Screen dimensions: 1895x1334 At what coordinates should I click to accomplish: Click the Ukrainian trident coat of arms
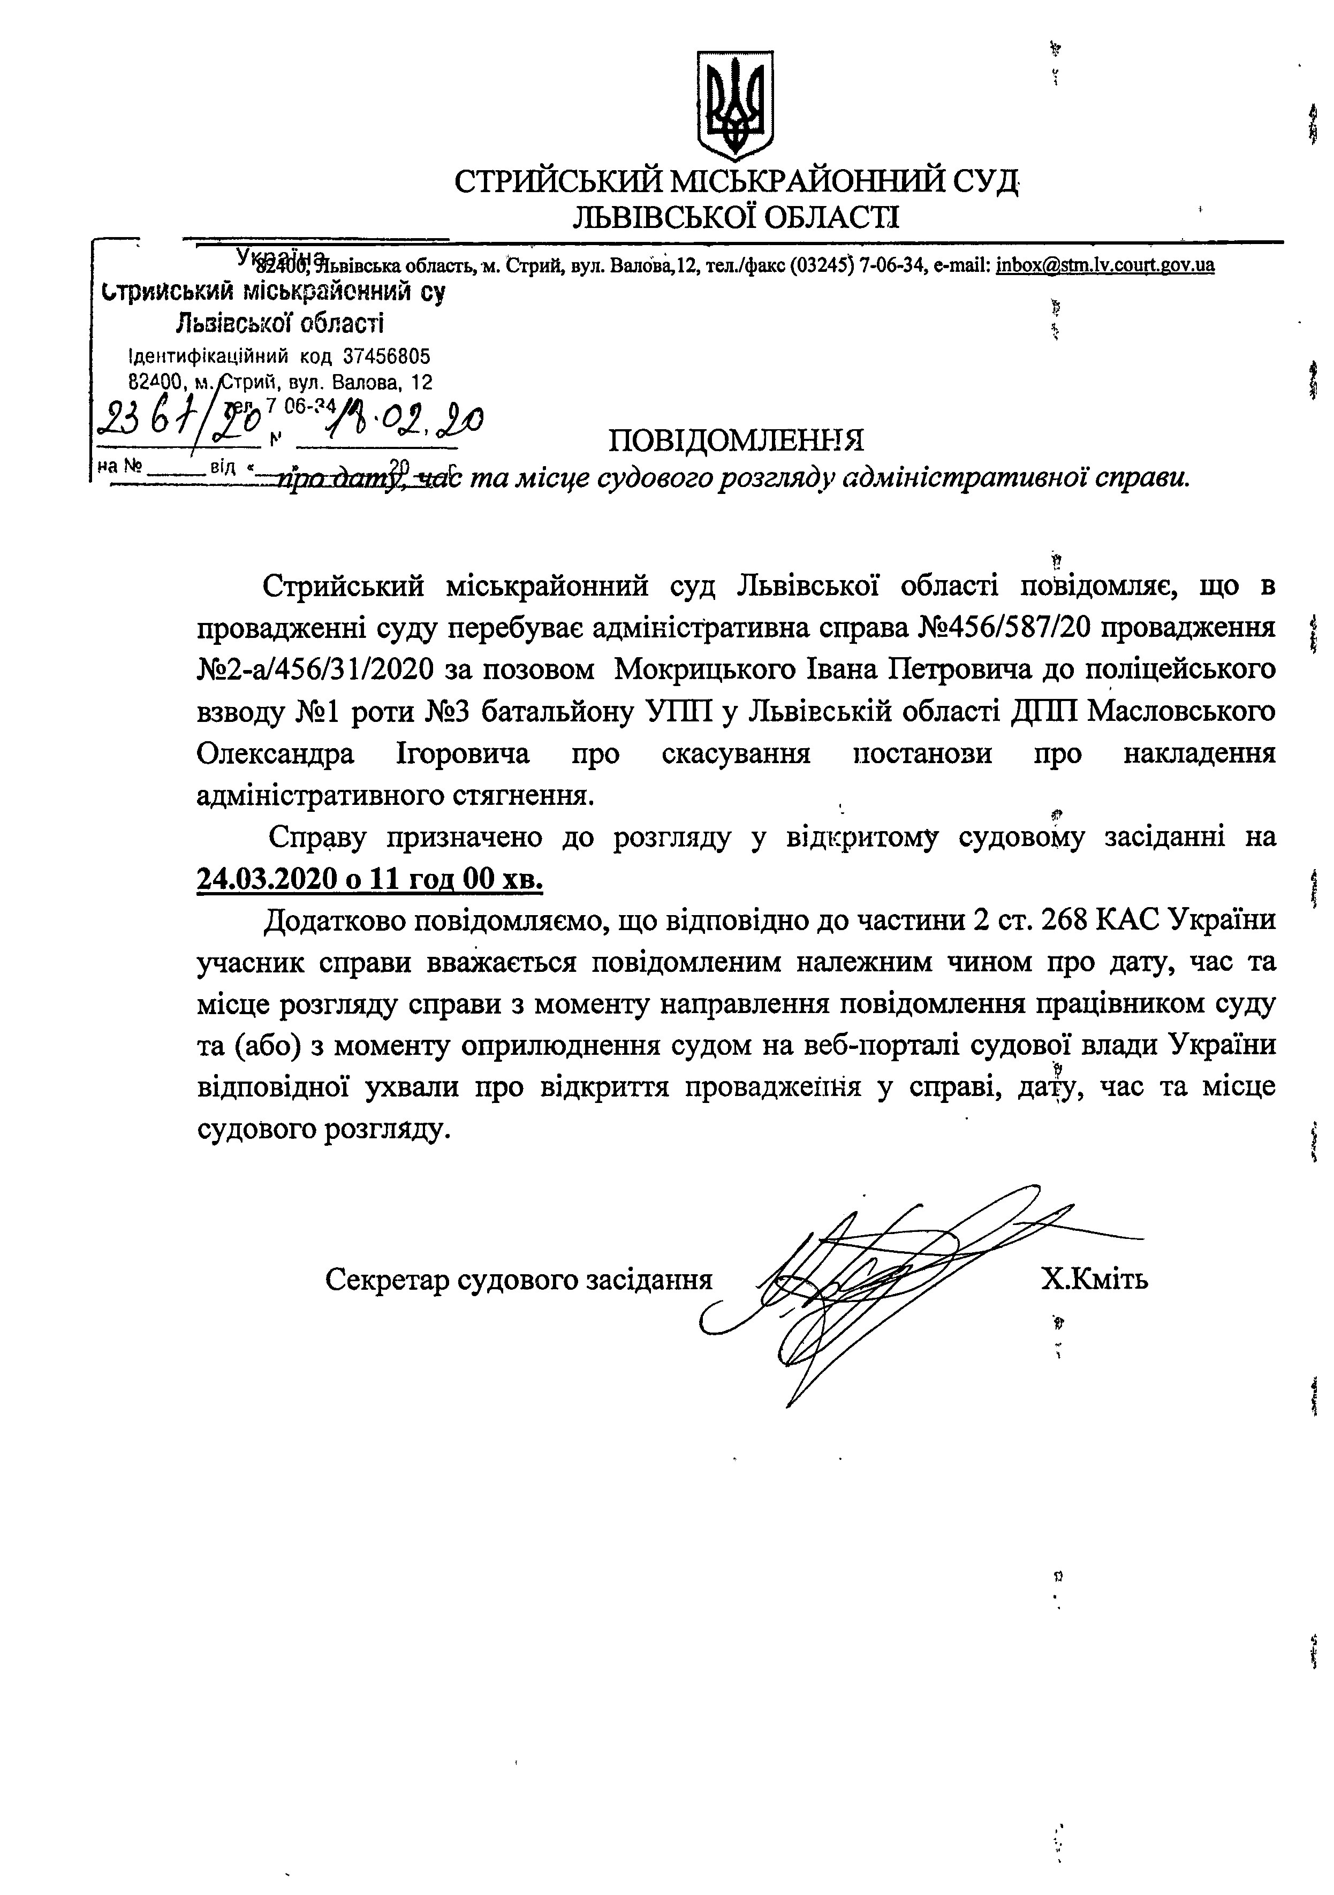(x=736, y=105)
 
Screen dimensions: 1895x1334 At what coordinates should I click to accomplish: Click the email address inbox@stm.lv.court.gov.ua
(x=1105, y=266)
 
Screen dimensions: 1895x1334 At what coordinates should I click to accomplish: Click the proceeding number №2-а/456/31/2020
(x=315, y=668)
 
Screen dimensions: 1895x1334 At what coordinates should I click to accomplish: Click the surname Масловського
(x=1180, y=711)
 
